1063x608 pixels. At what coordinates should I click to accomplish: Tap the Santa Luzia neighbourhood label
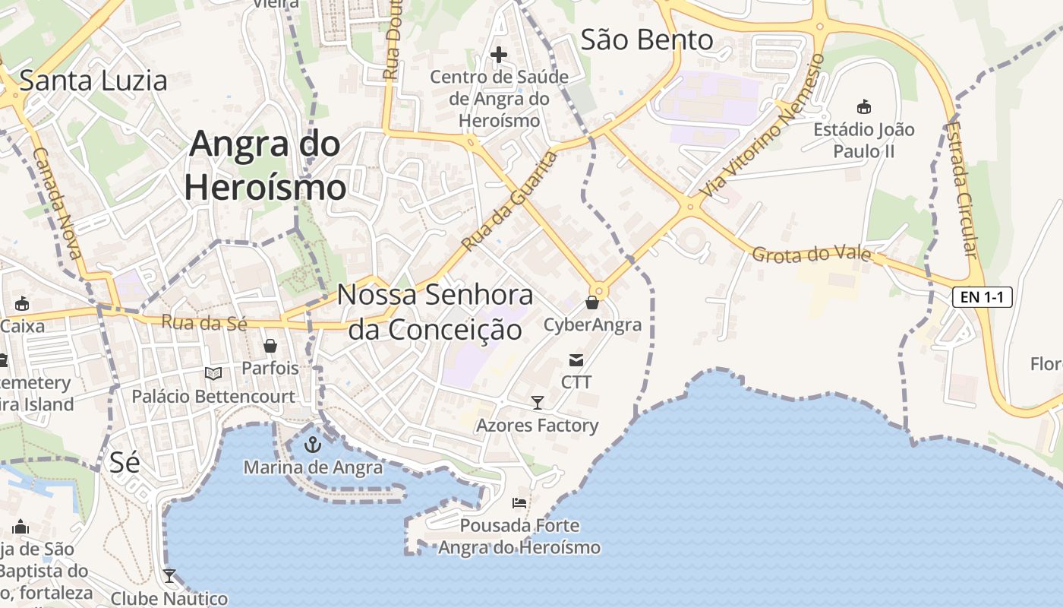(x=93, y=81)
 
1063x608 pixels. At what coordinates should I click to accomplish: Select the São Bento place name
(x=647, y=40)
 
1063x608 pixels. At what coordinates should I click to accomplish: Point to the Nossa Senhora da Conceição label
(x=435, y=312)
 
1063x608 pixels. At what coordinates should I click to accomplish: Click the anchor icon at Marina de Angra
(x=313, y=445)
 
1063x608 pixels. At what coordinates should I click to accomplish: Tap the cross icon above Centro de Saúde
(x=499, y=55)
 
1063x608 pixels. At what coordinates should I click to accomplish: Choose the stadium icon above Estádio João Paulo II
(x=863, y=106)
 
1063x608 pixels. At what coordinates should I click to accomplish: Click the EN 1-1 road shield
(x=983, y=297)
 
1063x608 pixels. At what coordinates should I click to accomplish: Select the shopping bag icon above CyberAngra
(x=592, y=303)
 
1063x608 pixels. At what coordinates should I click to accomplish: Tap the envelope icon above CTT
(x=576, y=359)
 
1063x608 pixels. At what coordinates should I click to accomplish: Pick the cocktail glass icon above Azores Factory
(x=538, y=403)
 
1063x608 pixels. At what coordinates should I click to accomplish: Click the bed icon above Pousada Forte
(x=519, y=503)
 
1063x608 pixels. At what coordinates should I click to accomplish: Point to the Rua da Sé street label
(x=204, y=323)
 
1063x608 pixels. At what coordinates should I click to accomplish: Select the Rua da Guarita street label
(x=509, y=201)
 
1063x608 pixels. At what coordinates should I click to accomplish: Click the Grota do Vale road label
(x=811, y=254)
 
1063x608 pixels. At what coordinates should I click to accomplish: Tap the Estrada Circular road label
(x=962, y=189)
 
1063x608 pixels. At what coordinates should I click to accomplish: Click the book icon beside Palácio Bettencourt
(x=214, y=373)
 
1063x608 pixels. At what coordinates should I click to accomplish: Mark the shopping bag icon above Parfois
(x=270, y=347)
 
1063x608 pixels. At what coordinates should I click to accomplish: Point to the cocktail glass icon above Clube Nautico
(x=169, y=576)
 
